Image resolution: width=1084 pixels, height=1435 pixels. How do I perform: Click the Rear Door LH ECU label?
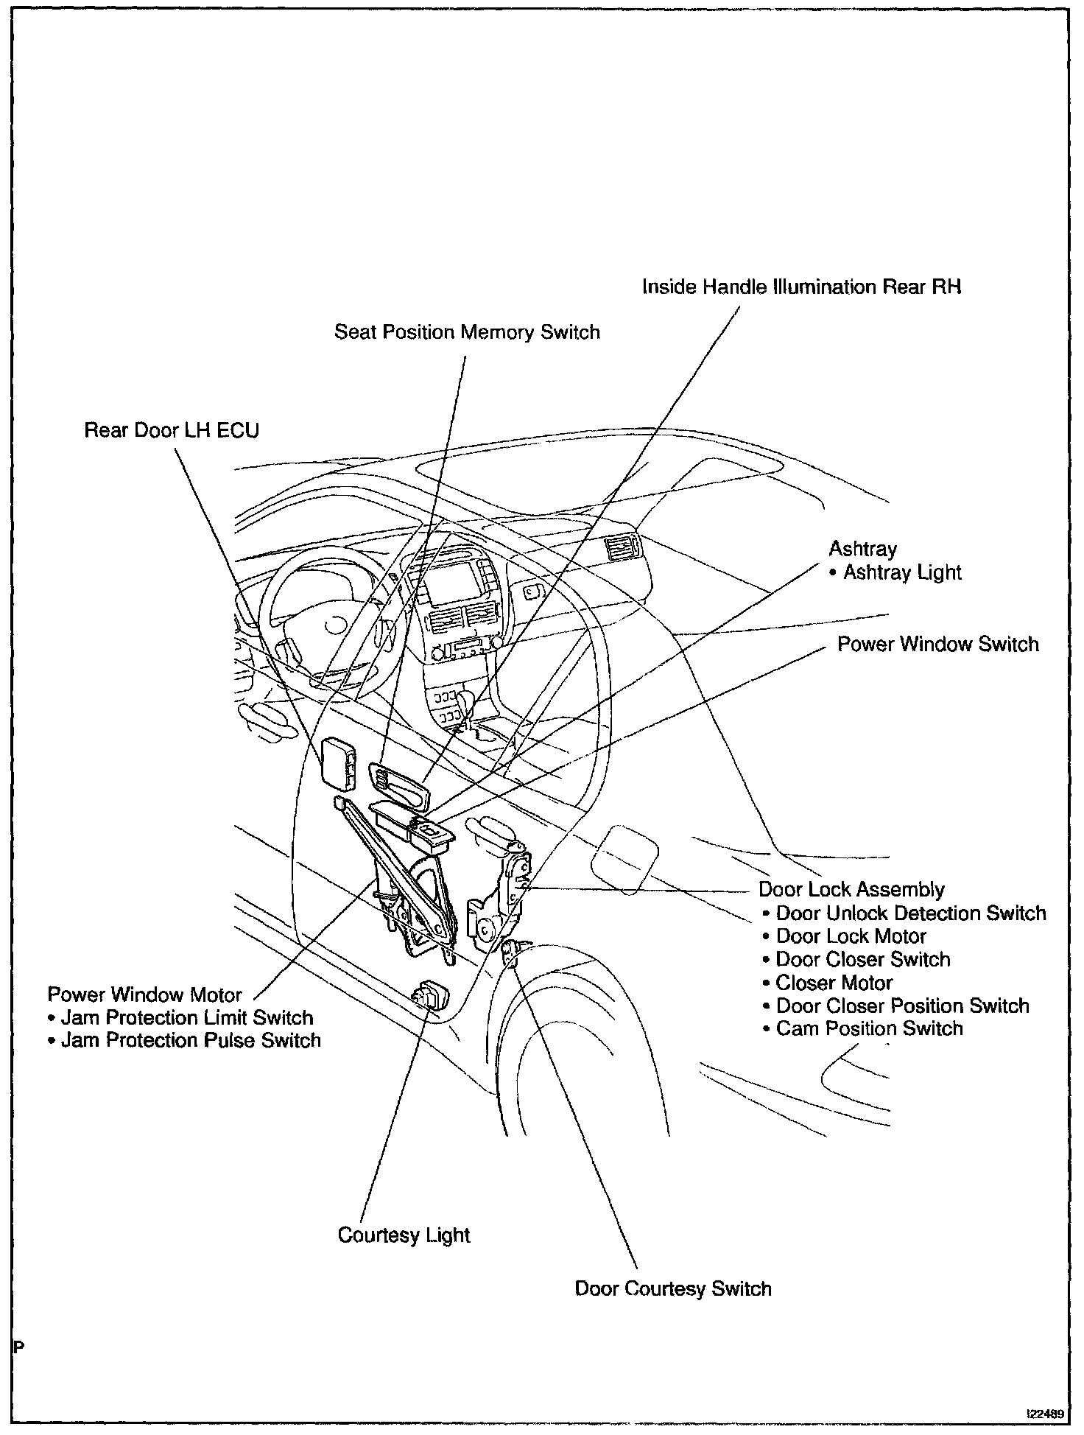(172, 430)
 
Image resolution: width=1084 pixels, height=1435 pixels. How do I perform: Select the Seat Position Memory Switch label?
(467, 332)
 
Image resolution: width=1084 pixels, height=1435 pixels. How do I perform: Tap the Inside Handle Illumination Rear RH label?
(801, 287)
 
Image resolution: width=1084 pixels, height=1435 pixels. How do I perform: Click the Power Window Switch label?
(937, 645)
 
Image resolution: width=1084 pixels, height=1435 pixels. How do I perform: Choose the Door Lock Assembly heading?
(851, 890)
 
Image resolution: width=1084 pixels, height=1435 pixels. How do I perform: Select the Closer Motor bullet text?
(834, 983)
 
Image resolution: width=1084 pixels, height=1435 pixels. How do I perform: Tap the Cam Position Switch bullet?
(869, 1029)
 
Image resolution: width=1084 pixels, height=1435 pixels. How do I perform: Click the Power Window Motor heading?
(144, 994)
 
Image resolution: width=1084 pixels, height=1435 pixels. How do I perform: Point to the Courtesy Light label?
(404, 1235)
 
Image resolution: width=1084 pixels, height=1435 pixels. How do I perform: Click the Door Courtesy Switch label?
(672, 1289)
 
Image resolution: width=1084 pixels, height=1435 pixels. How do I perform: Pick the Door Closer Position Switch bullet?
(902, 1006)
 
